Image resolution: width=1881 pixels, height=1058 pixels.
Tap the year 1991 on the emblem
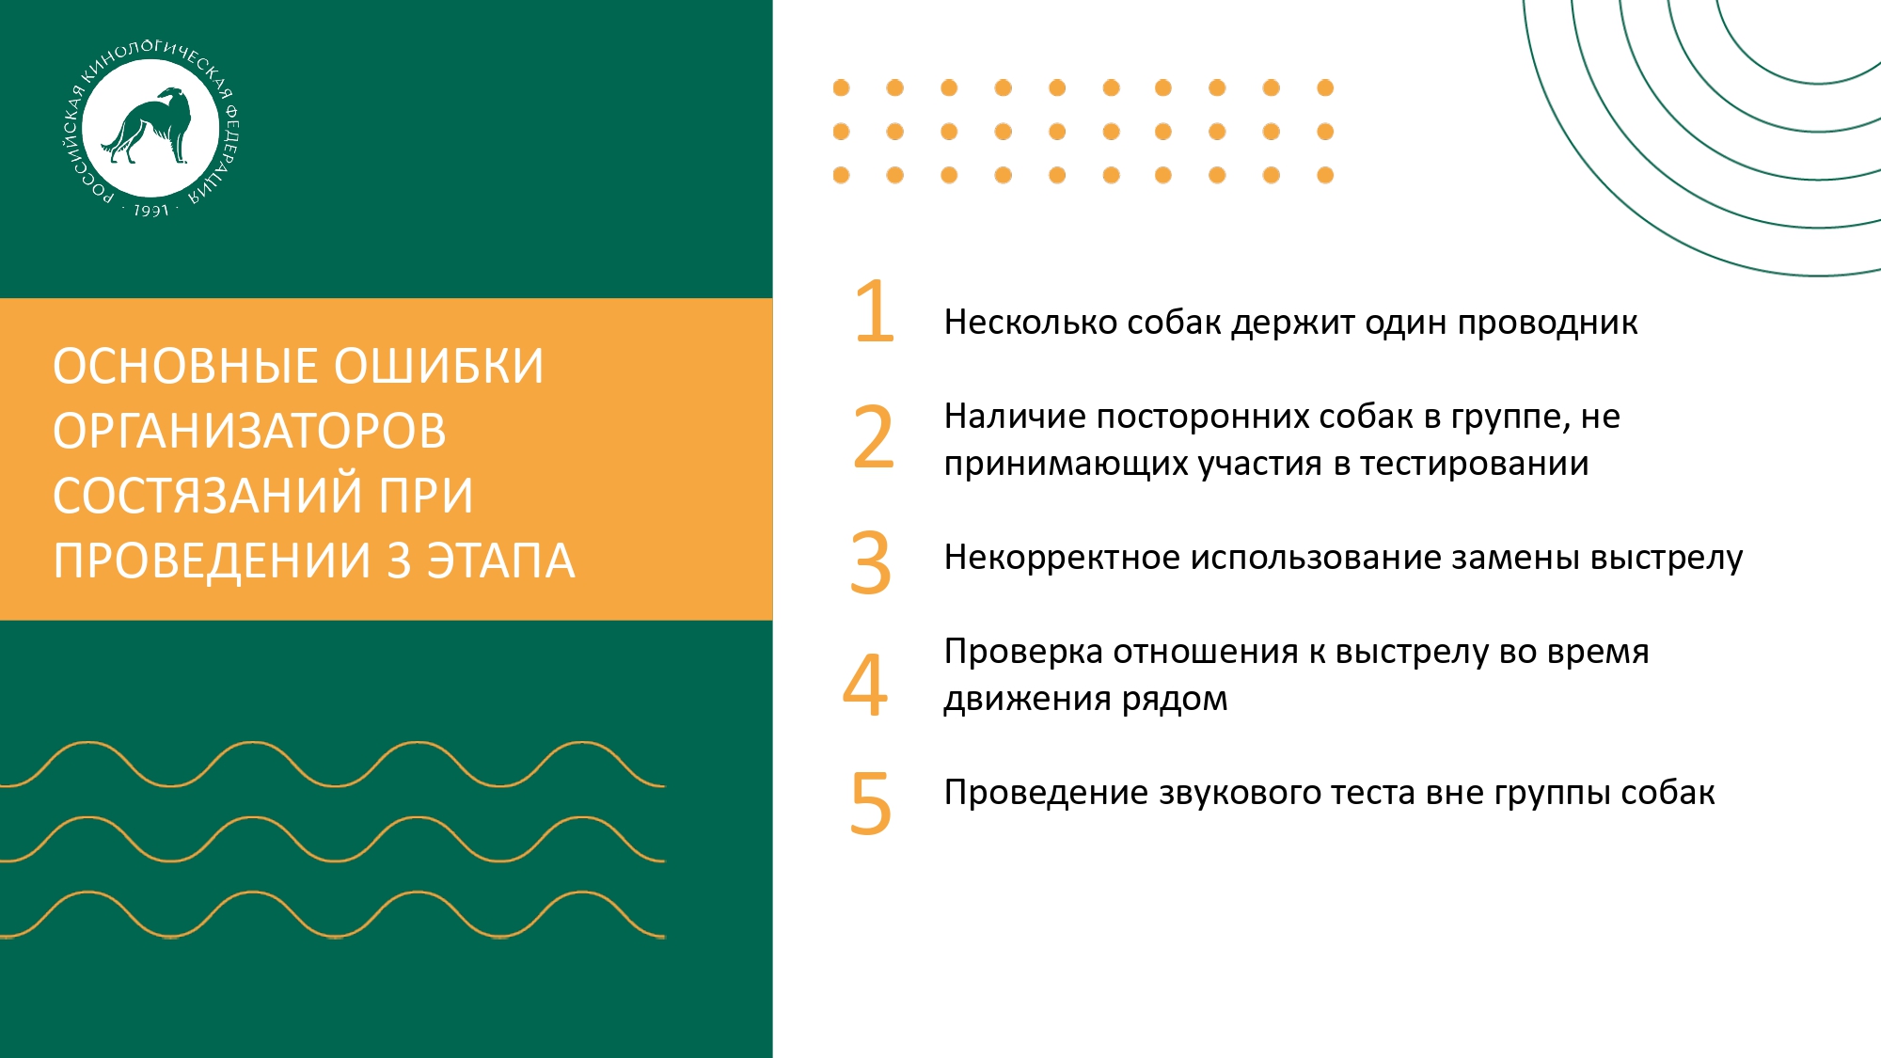(150, 211)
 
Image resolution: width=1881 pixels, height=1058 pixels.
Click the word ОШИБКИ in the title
(439, 366)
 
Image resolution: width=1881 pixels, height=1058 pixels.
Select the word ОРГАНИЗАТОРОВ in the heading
(249, 431)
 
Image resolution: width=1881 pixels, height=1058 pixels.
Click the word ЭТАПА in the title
(500, 561)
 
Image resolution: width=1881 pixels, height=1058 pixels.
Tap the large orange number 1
(875, 311)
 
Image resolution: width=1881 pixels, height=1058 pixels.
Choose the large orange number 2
(874, 437)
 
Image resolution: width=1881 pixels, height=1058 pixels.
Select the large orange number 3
(871, 563)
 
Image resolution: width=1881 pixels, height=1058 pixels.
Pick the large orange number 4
(865, 685)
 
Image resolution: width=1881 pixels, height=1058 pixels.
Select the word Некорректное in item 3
(1063, 558)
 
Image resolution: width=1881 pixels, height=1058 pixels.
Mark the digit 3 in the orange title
(400, 561)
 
